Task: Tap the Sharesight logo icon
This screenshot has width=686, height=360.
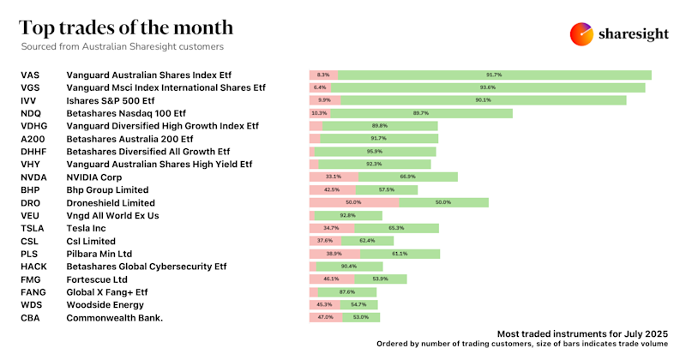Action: click(x=582, y=33)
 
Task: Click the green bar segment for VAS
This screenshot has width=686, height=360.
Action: click(x=494, y=75)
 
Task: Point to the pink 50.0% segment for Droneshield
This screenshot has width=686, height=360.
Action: click(x=353, y=203)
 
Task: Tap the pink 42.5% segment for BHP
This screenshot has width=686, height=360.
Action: click(x=332, y=189)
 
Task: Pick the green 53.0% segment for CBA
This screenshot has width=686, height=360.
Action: click(x=361, y=317)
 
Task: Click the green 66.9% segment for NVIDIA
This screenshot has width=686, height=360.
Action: click(x=408, y=177)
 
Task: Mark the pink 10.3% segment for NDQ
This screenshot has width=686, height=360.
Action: click(x=320, y=113)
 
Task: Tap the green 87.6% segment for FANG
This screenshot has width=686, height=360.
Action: click(x=347, y=292)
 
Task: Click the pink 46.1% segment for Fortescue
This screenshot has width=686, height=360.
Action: click(x=330, y=279)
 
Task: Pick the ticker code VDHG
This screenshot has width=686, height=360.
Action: click(x=37, y=125)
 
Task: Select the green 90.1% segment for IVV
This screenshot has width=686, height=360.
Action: click(x=483, y=100)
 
